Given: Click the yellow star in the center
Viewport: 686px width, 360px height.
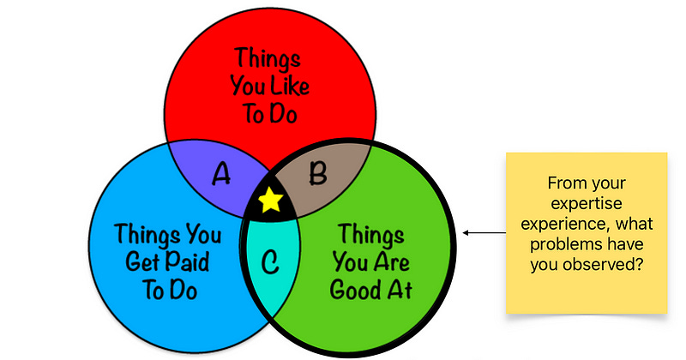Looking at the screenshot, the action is click(270, 201).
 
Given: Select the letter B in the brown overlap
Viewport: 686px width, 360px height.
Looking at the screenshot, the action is click(317, 174).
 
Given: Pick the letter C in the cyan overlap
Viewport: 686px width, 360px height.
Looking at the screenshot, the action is click(269, 262).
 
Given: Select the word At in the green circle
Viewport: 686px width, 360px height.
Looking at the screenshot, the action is click(396, 290).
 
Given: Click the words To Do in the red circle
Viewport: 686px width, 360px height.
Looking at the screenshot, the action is click(272, 114).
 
